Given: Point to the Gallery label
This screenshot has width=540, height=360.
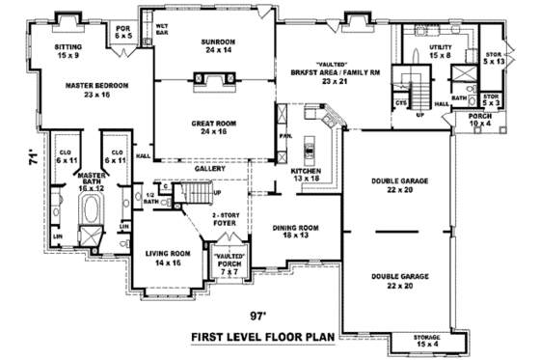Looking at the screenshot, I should tap(209, 168).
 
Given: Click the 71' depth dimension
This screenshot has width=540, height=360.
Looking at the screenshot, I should tap(32, 152).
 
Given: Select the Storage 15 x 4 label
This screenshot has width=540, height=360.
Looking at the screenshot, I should tap(426, 340).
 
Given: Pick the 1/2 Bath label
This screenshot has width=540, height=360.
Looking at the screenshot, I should tap(149, 200).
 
